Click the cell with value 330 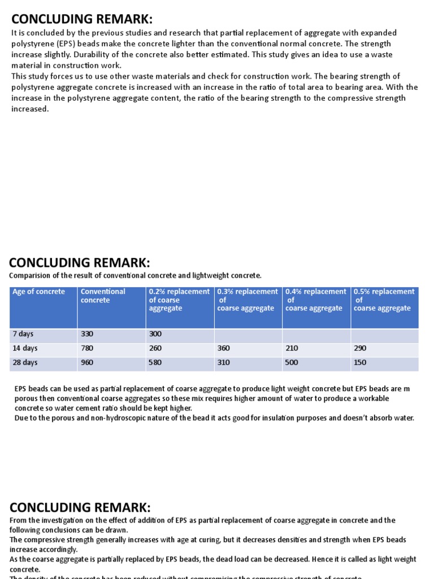(87, 334)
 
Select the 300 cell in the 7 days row (155, 334)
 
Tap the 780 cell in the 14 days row (87, 348)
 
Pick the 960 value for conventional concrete (87, 362)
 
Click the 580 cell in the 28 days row (155, 362)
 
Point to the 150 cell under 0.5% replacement (360, 362)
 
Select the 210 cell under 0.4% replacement (292, 348)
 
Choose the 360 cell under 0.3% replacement (224, 348)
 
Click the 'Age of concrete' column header (38, 292)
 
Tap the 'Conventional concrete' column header (103, 296)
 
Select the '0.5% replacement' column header (384, 292)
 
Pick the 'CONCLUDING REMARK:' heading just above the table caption (80, 262)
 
